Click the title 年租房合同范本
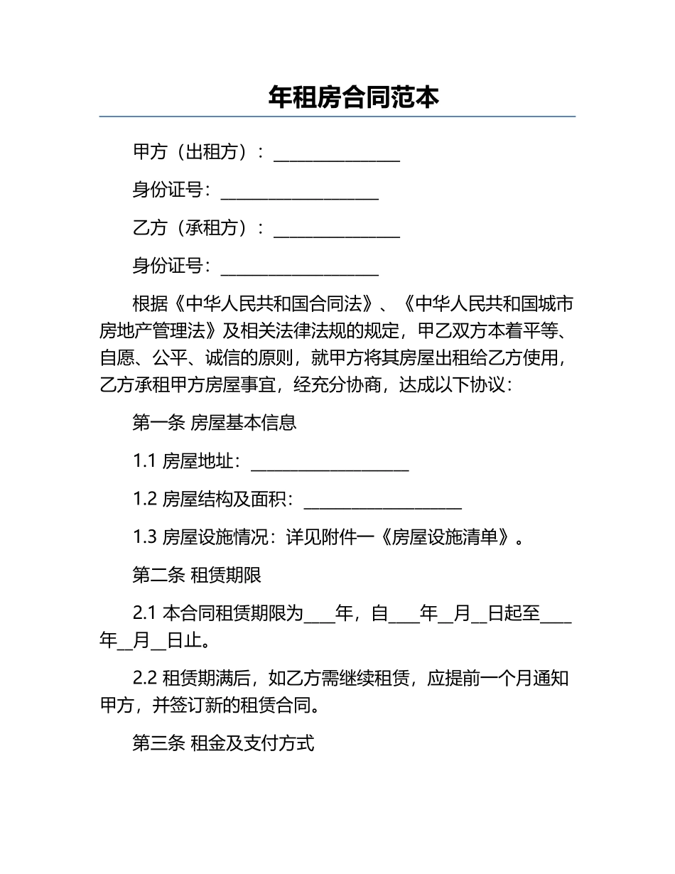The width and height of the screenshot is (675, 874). [354, 97]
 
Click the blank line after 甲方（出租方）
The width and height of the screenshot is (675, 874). [337, 154]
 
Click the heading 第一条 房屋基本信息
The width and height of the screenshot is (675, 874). [214, 423]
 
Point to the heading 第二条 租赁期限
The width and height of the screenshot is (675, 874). [197, 575]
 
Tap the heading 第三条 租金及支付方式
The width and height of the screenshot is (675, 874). [223, 743]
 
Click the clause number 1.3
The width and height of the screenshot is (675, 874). [144, 537]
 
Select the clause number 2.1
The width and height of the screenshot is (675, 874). [144, 613]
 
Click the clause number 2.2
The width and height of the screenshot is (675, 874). [144, 679]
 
